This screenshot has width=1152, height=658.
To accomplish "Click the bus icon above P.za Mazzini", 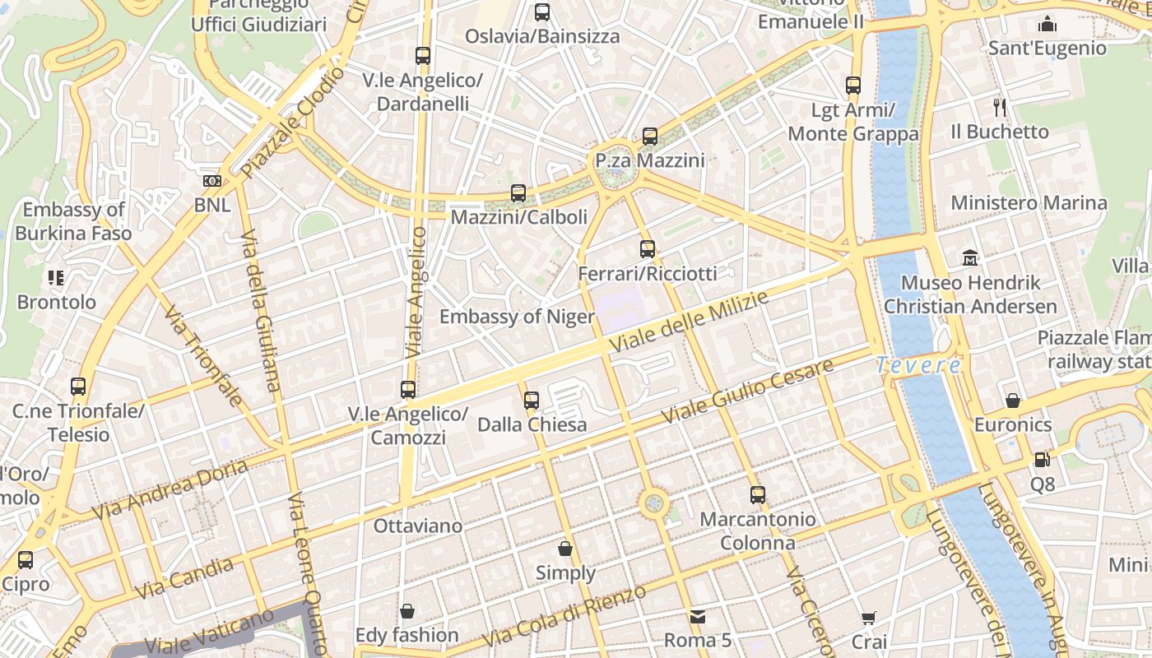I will (650, 137).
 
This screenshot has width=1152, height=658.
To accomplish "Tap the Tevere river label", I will (917, 364).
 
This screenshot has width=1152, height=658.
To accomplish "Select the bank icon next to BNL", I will (211, 181).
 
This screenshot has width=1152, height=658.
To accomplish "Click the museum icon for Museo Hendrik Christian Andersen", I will (970, 258).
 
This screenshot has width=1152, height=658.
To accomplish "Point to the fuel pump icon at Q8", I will (1042, 461).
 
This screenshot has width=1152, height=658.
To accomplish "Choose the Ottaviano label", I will (418, 525).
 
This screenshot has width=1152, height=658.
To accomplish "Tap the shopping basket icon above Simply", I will (565, 548).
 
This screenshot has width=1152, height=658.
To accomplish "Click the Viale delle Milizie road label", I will (690, 322).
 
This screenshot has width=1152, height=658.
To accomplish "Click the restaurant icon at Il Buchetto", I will (1000, 107).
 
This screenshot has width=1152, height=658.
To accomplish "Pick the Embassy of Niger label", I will (517, 317).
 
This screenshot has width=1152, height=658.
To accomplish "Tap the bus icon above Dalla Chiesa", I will (532, 401).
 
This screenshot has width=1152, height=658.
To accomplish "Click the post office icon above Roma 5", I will (698, 616).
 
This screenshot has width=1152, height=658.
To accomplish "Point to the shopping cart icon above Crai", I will (869, 618).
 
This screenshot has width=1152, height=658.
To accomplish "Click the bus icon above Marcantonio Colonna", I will (758, 495).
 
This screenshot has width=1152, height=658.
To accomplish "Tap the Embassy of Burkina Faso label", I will (73, 221).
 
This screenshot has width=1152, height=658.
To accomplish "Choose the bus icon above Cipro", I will (26, 560).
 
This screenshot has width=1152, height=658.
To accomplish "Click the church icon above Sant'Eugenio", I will (1047, 23).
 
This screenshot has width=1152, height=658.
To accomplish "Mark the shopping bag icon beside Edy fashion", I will (406, 611).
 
